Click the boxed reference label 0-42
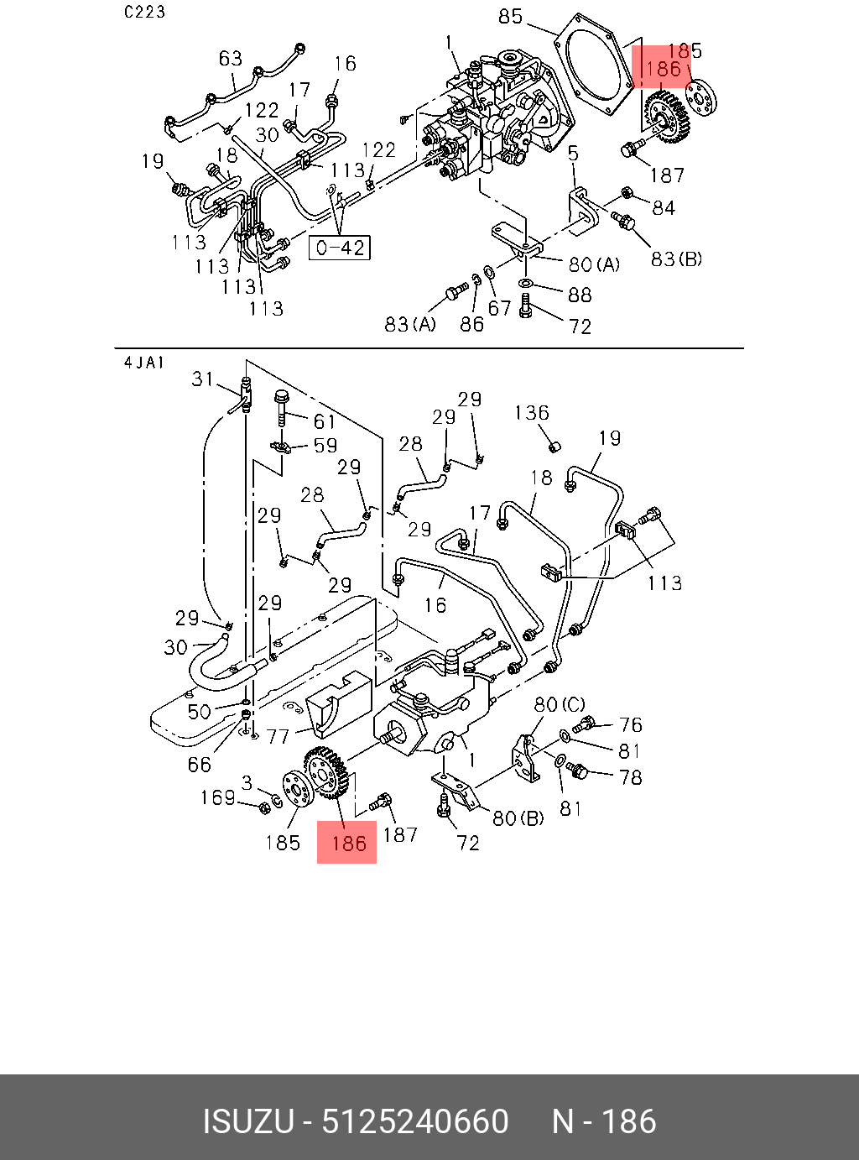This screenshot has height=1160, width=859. pos(339,248)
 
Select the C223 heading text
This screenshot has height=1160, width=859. pos(144,12)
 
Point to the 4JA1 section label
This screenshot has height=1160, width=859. pos(143,363)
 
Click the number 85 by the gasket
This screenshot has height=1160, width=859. pos(510,17)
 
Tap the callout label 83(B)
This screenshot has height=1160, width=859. pos(676,259)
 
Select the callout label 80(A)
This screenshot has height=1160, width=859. pos(594,264)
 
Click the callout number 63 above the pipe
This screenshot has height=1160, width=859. pos(230,58)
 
